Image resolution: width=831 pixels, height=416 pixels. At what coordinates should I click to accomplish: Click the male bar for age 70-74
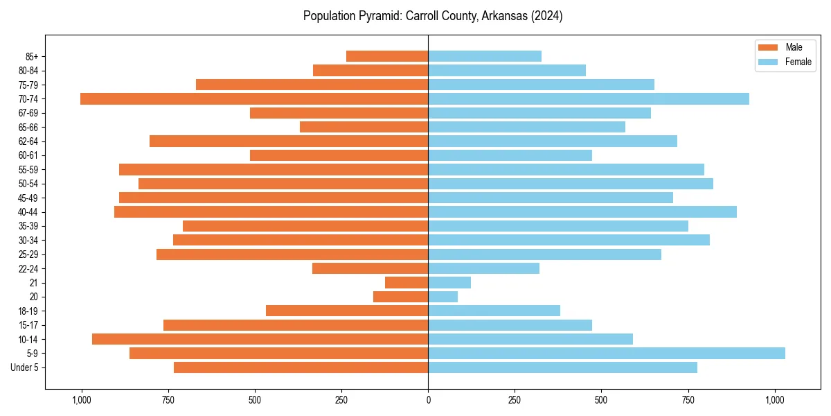(254, 99)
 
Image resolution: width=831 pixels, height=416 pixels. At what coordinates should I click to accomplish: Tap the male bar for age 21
(406, 283)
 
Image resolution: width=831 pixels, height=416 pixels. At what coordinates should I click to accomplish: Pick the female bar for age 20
(443, 297)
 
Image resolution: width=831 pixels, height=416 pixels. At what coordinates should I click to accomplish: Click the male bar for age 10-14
(260, 339)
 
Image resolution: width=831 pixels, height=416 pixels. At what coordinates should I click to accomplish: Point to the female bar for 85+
(485, 56)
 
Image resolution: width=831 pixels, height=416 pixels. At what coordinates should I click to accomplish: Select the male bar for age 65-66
(364, 127)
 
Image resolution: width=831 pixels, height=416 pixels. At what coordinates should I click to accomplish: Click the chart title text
(433, 16)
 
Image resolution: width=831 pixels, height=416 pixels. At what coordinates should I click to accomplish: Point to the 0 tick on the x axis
(428, 400)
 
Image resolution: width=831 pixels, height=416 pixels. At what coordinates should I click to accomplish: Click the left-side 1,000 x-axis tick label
(82, 400)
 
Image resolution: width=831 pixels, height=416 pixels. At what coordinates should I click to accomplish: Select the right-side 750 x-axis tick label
(688, 400)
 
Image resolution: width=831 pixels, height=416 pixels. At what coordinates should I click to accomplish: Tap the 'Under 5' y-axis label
(25, 367)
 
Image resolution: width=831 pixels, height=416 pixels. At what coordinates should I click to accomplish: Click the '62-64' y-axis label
(28, 141)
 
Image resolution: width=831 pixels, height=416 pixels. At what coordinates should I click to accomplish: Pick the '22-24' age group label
(28, 269)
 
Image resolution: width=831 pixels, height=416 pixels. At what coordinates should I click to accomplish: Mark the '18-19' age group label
(28, 311)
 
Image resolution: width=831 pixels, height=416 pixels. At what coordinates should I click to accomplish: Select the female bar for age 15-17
(510, 325)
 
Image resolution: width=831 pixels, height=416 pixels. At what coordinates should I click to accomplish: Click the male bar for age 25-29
(292, 254)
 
